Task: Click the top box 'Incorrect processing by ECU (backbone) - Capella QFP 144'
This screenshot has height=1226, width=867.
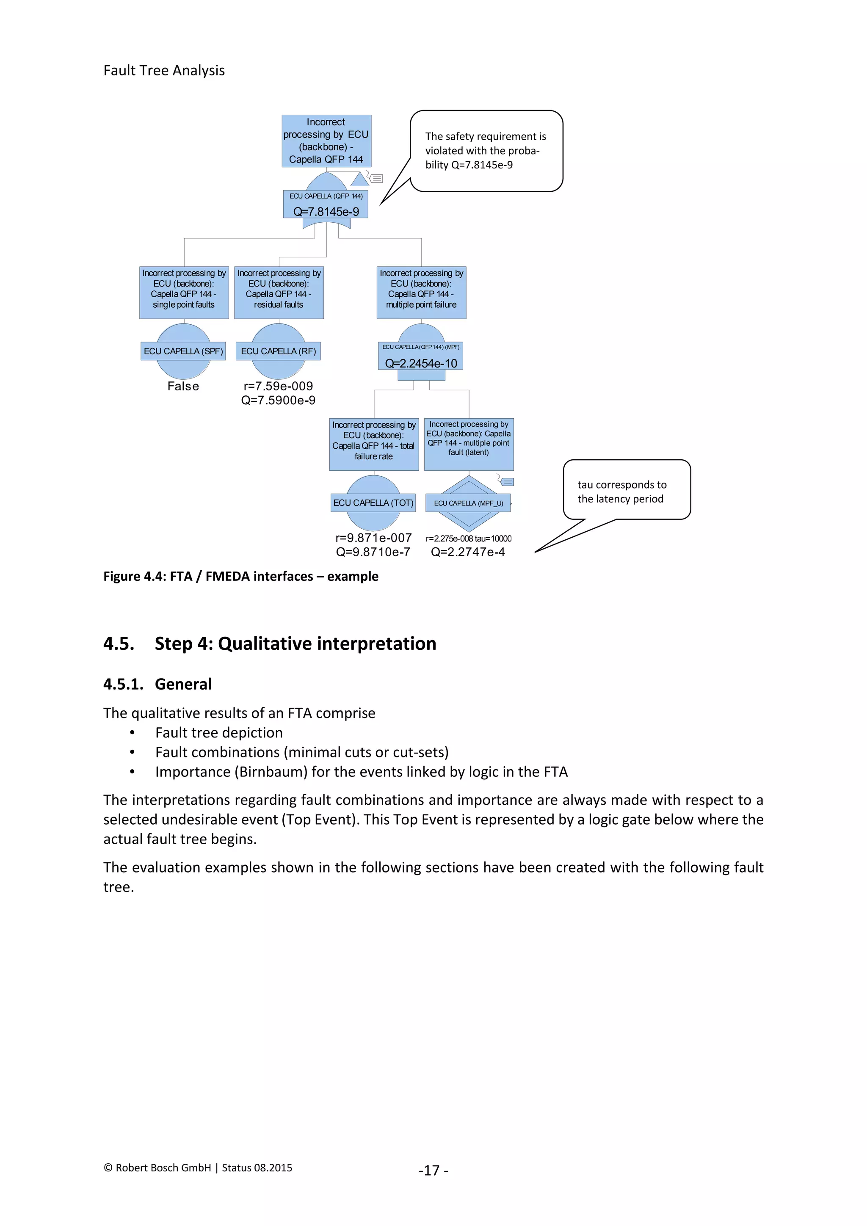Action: pyautogui.click(x=326, y=141)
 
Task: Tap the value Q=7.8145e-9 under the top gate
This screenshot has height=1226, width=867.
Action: pyautogui.click(x=326, y=211)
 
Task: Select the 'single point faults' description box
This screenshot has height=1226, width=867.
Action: pyautogui.click(x=184, y=293)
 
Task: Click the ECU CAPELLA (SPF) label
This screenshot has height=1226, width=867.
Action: pyautogui.click(x=183, y=351)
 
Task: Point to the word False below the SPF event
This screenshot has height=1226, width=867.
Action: pyautogui.click(x=183, y=386)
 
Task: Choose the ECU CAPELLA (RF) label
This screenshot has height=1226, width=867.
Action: pyautogui.click(x=278, y=351)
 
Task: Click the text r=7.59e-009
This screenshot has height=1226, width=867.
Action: pyautogui.click(x=278, y=386)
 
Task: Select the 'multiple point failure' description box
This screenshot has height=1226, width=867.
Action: pyautogui.click(x=421, y=293)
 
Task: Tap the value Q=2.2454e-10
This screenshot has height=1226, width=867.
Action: pyautogui.click(x=421, y=363)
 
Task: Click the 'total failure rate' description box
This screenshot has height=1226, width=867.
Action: pyautogui.click(x=374, y=444)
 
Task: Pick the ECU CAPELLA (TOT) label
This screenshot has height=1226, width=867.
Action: pyautogui.click(x=373, y=503)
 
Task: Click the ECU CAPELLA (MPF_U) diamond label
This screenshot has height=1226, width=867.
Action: pyautogui.click(x=468, y=503)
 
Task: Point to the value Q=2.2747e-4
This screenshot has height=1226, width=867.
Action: pyautogui.click(x=468, y=552)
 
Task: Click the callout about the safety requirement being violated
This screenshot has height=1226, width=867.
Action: pyautogui.click(x=486, y=151)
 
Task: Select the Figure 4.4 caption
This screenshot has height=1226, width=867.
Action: pyautogui.click(x=241, y=576)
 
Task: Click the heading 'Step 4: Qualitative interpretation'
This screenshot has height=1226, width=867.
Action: pyautogui.click(x=295, y=643)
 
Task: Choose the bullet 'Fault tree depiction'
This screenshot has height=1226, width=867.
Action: pyautogui.click(x=219, y=733)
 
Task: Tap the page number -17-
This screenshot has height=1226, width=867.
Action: pyautogui.click(x=433, y=1170)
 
